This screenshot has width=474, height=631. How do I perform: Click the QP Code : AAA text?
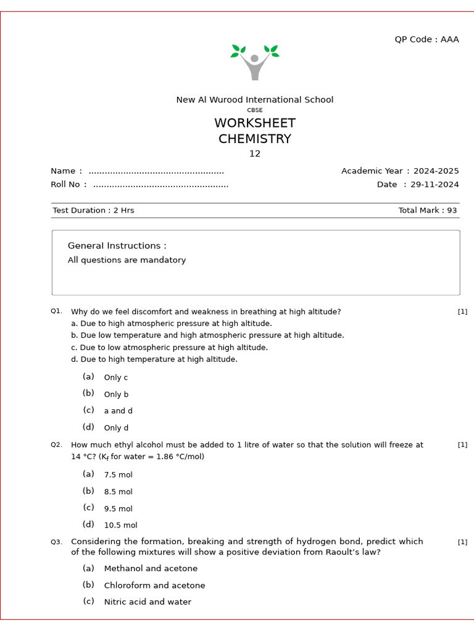tap(426, 39)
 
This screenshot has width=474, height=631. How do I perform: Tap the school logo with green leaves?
tap(254, 62)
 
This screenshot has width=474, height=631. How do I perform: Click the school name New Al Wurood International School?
tap(254, 100)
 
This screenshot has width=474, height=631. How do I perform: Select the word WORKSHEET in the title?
tap(254, 123)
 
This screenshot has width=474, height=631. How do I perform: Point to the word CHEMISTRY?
tap(254, 139)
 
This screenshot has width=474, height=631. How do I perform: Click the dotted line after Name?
tap(156, 171)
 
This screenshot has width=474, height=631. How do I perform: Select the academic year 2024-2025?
tap(436, 171)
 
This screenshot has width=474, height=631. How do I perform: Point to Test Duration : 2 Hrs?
tap(93, 211)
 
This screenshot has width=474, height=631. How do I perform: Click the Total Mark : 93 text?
tap(427, 211)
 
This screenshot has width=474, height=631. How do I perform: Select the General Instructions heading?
tap(117, 246)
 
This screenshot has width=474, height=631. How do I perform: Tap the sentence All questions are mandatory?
tap(127, 260)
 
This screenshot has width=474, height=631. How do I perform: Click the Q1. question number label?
tap(56, 312)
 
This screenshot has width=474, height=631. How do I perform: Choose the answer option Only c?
tap(116, 378)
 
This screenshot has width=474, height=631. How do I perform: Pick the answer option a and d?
tap(118, 411)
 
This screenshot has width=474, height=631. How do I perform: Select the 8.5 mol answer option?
tap(118, 492)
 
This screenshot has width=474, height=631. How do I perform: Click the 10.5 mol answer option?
tap(120, 526)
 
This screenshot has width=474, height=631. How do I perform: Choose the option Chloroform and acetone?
tap(154, 585)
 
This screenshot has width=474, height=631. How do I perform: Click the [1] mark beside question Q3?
tap(462, 542)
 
